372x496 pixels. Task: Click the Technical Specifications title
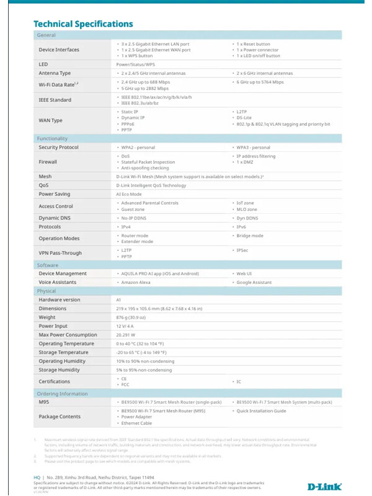[83, 24]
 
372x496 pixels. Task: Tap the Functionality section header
[52, 138]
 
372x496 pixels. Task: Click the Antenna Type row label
[55, 73]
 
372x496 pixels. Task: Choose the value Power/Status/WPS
[136, 64]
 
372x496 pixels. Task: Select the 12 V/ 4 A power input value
[125, 325]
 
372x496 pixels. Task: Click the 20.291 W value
[126, 335]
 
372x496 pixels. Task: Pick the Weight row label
[47, 317]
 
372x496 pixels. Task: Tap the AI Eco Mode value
[128, 194]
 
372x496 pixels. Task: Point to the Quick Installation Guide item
[261, 410]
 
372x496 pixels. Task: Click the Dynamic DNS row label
[55, 218]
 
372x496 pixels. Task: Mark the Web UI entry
[244, 273]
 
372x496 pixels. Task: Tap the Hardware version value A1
[119, 299]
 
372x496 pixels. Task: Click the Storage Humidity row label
[60, 370]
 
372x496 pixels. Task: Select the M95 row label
[44, 402]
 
